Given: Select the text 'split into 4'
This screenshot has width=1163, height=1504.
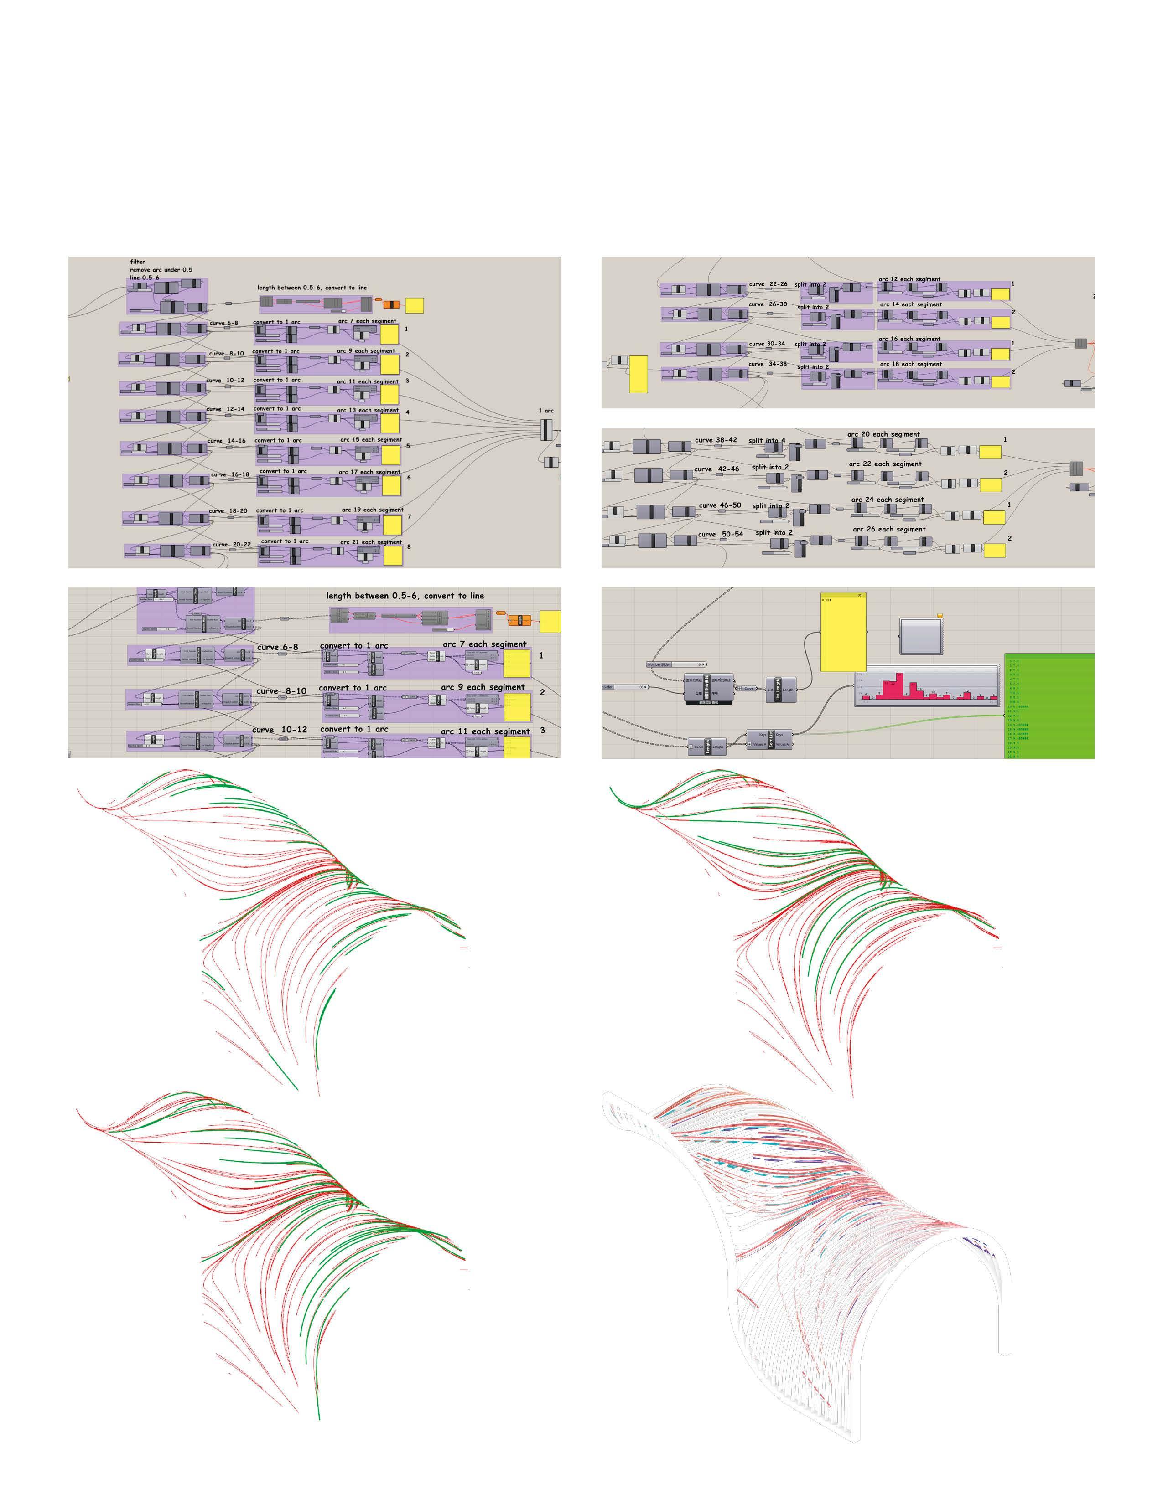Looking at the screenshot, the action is point(766,441).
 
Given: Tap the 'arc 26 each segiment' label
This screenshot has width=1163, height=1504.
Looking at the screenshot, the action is point(889,530).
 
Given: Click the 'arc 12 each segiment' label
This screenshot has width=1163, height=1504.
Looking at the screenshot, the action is point(909,279).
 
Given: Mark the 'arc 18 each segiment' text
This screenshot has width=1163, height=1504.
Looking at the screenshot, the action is point(910,364).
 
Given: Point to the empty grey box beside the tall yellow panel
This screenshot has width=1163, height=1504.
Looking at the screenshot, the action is point(920,636).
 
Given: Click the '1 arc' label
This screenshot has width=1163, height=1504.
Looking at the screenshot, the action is point(545,411).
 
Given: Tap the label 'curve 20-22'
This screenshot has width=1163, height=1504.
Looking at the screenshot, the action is point(232,545).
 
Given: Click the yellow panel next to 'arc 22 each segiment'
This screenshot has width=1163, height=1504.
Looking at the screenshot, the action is point(991,485).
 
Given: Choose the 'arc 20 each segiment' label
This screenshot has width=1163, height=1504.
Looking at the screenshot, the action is point(883,434).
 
